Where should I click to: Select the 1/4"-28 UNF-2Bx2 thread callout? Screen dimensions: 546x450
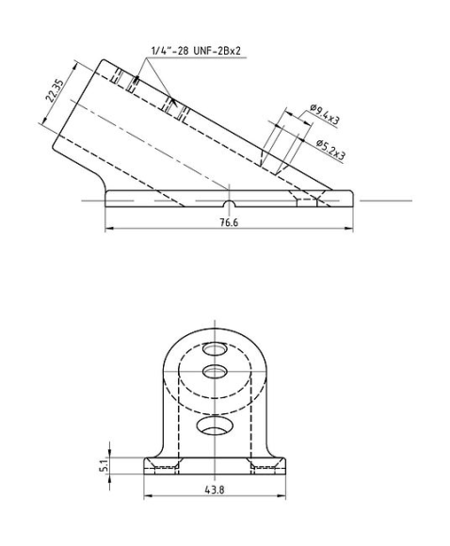pos(195,47)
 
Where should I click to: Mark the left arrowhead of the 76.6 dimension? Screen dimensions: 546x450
pos(108,229)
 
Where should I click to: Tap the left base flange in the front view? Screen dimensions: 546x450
pos(156,465)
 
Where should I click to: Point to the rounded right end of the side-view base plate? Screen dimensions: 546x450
pos(350,199)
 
